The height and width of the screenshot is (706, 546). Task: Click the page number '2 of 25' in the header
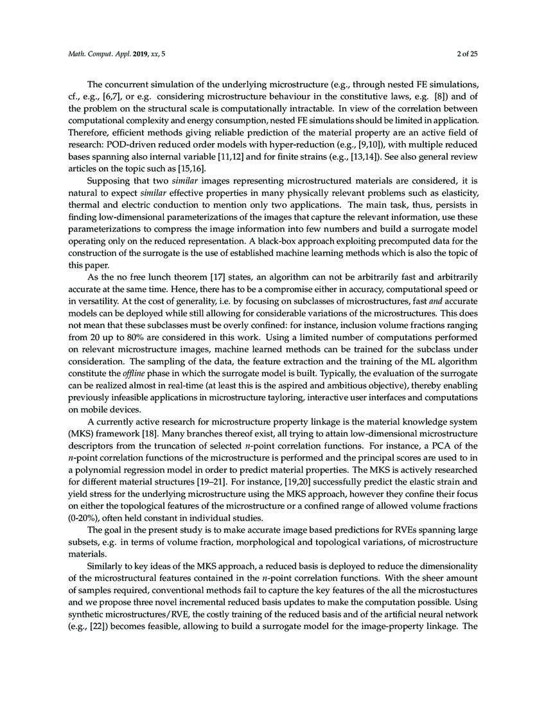464,54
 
